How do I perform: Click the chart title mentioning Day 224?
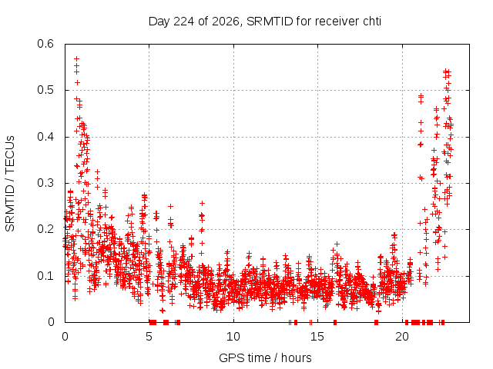265,22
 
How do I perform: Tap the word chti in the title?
372,22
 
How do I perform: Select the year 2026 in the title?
226,22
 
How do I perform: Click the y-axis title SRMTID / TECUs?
10,184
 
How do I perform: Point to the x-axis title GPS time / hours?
265,357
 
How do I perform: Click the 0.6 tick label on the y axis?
45,44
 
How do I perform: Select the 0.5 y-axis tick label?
45,90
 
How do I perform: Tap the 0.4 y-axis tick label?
45,137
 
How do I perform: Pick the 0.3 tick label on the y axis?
45,183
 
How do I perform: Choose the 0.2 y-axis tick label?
45,229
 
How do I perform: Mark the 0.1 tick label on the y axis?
45,276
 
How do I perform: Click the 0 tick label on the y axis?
51,322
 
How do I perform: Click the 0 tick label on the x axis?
65,337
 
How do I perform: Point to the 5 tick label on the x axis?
149,337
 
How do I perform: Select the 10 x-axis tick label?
233,337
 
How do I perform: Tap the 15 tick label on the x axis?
317,337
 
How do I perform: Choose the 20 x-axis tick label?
402,337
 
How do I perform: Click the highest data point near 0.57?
76,58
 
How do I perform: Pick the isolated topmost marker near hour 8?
202,203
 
